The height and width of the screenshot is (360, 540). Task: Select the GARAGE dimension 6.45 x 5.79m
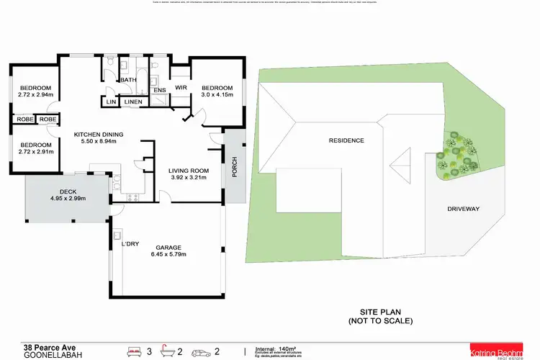(x=167, y=254)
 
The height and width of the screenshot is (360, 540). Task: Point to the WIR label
(x=181, y=89)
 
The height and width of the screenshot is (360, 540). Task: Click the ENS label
(x=160, y=90)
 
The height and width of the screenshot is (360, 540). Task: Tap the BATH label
(x=128, y=80)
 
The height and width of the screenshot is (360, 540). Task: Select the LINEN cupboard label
(x=134, y=102)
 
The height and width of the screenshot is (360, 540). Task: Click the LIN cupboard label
(x=112, y=102)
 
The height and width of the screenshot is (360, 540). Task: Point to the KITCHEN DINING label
(x=99, y=134)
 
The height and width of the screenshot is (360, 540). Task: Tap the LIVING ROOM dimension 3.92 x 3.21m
(x=189, y=177)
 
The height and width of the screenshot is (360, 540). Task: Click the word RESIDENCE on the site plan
(x=346, y=140)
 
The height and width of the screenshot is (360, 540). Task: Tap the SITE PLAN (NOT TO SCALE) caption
(x=381, y=316)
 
